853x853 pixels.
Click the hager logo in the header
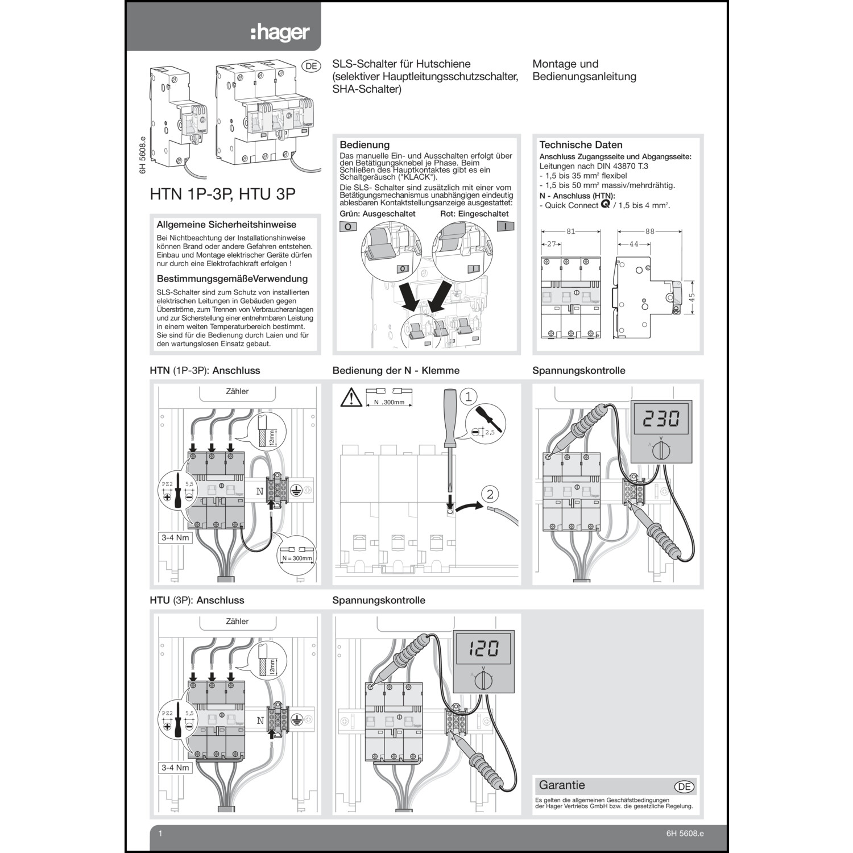coord(280,33)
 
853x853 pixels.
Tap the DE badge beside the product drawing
coord(311,66)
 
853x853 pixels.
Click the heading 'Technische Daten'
coord(581,145)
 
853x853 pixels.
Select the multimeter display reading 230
coord(661,419)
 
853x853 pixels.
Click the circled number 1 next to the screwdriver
coord(468,396)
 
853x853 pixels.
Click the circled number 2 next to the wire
coord(490,494)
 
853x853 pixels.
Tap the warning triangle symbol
coord(351,397)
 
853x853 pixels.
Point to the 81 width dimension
coord(570,231)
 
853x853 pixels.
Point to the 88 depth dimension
coord(650,231)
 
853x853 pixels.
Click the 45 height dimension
coord(691,297)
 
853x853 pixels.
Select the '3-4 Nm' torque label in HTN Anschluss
coord(175,537)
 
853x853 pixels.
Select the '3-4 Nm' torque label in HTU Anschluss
coord(175,767)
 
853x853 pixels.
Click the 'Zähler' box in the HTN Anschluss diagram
coord(237,392)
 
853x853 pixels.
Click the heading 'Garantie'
coord(562,785)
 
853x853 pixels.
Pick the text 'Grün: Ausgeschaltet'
coord(378,214)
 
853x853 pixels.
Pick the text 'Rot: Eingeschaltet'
coord(474,214)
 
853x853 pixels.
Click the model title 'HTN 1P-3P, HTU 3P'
coord(222,194)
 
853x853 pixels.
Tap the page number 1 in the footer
coord(160,833)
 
